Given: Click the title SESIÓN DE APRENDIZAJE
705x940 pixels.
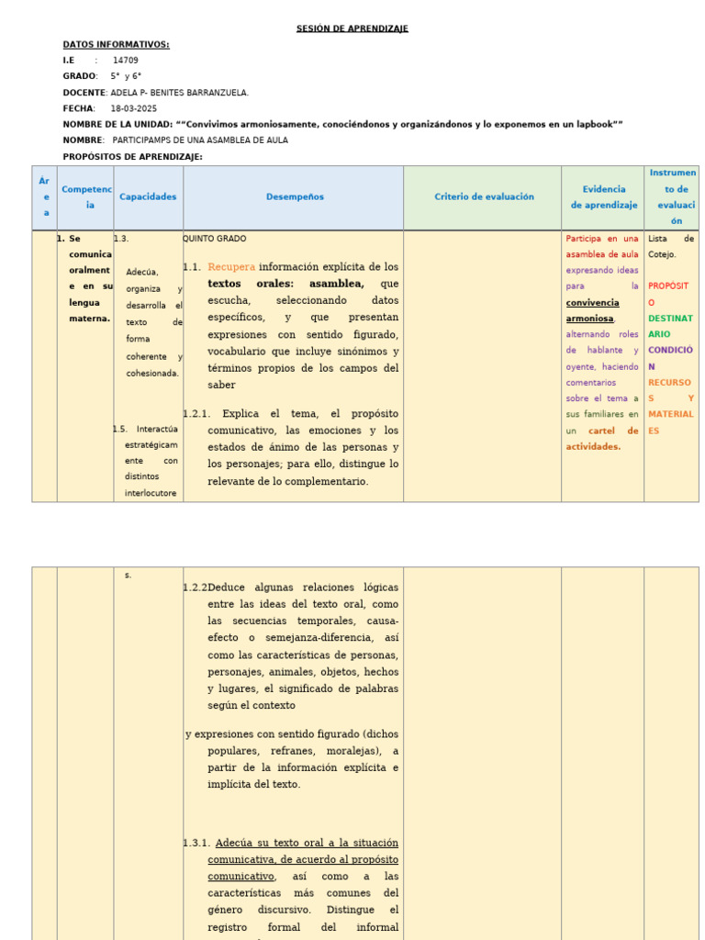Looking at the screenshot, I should pyautogui.click(x=352, y=28).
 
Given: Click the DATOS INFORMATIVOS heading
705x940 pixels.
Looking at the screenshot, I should pyautogui.click(x=116, y=44).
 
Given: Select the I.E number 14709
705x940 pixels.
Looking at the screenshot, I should pyautogui.click(x=126, y=61).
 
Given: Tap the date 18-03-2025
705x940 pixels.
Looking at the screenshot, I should pyautogui.click(x=133, y=108).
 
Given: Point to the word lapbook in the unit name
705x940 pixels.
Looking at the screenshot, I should pyautogui.click(x=593, y=124).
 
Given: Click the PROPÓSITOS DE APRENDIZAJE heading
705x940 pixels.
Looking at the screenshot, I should pyautogui.click(x=132, y=157).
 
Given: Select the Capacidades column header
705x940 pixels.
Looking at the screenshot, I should pyautogui.click(x=148, y=196).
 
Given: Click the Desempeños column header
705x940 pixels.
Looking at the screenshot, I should pyautogui.click(x=295, y=196).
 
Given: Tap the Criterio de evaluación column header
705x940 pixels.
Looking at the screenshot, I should pyautogui.click(x=484, y=196).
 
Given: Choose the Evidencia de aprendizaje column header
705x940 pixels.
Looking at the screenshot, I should pyautogui.click(x=603, y=196).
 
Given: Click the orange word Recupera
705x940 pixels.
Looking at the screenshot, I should pyautogui.click(x=230, y=267).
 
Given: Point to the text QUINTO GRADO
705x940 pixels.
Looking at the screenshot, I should pyautogui.click(x=215, y=239).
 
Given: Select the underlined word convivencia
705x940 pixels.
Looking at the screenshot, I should pyautogui.click(x=592, y=302).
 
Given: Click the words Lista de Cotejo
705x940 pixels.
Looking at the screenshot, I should pyautogui.click(x=670, y=246).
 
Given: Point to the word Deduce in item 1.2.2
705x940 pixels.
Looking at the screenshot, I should pyautogui.click(x=227, y=587).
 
